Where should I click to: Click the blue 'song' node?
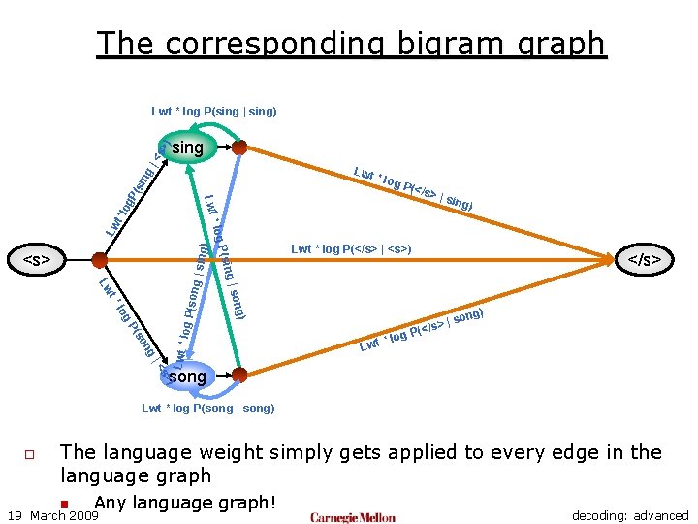pos(186,376)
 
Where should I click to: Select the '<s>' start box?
pos(37,259)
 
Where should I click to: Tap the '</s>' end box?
pos(645,259)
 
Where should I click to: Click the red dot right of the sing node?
pos(238,147)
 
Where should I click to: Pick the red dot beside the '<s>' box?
pos(99,259)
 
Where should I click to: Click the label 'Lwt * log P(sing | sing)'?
pos(213,112)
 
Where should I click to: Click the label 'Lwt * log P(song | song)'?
pos(207,409)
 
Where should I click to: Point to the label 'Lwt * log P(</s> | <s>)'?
pos(351,249)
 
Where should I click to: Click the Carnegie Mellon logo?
pos(353,516)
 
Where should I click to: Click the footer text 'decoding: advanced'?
pos(630,516)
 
